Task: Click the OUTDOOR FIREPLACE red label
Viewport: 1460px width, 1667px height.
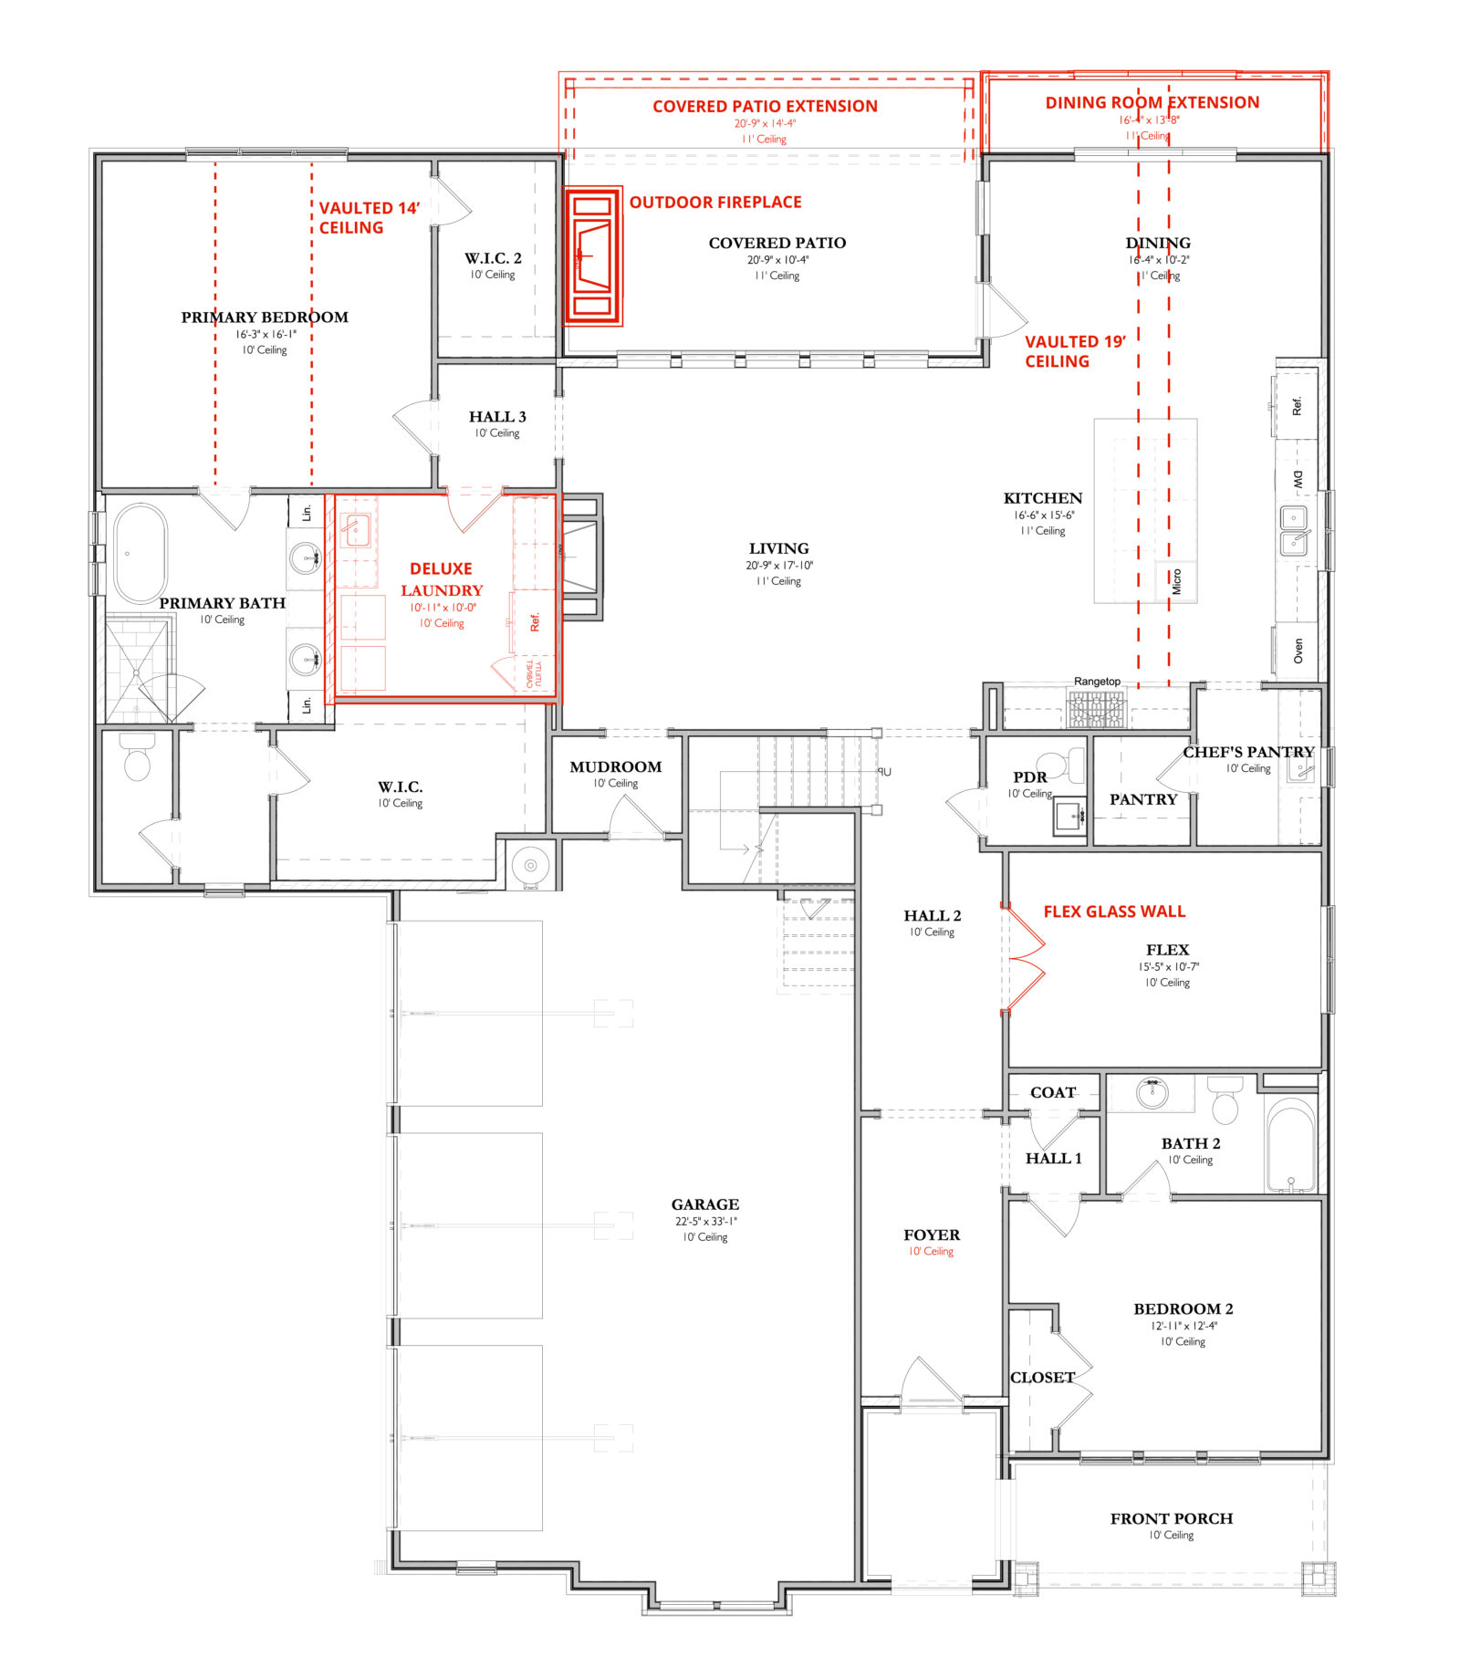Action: [x=714, y=203]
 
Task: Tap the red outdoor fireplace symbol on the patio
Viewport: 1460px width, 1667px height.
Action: [x=592, y=256]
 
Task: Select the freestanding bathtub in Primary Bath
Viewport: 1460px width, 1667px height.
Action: [x=140, y=553]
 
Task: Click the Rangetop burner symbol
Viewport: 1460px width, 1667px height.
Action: [x=1097, y=708]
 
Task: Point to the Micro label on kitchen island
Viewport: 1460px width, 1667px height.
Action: [x=1176, y=581]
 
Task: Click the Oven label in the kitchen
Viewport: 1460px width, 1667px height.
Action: [x=1298, y=651]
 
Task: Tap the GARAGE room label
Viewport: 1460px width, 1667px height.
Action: [x=704, y=1204]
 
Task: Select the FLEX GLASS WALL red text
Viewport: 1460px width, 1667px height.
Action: [x=1113, y=912]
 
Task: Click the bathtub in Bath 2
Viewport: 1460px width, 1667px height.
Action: [x=1290, y=1145]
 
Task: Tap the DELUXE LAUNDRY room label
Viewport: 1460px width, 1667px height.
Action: [x=441, y=579]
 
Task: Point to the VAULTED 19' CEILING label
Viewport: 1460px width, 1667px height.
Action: [x=1074, y=351]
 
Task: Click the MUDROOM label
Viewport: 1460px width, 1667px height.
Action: [x=615, y=767]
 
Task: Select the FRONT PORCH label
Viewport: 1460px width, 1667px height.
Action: [x=1171, y=1518]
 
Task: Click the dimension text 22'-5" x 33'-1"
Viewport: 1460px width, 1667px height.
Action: [x=704, y=1222]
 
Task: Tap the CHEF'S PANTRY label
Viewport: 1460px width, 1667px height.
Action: [x=1247, y=753]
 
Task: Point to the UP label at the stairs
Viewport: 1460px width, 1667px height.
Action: [x=883, y=772]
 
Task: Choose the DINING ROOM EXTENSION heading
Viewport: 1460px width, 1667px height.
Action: [x=1152, y=103]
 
